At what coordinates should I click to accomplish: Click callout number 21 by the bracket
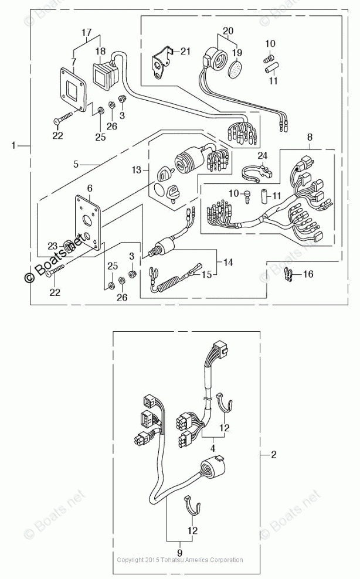coord(185,51)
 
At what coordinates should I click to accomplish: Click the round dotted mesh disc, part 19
coord(235,70)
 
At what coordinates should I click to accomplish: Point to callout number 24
coord(262,155)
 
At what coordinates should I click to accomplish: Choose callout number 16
coord(308,274)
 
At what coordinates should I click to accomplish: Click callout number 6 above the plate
coord(90,188)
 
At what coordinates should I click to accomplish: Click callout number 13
coord(137,169)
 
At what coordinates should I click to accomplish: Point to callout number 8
coord(310,137)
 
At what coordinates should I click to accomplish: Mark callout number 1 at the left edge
coord(13,145)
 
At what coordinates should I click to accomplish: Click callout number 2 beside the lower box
coord(273,454)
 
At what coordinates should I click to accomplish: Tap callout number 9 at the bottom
coord(180,553)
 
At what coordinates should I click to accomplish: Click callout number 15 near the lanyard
coord(207,274)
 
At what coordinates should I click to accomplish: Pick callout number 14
coord(228,262)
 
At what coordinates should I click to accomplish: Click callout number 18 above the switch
coord(100,51)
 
